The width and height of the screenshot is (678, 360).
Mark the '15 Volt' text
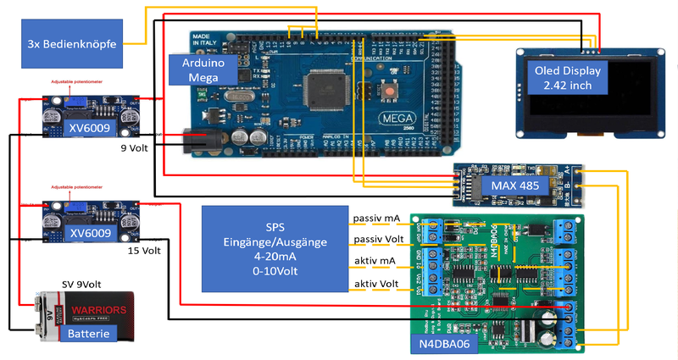[144, 251]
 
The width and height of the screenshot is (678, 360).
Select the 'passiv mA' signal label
[377, 219]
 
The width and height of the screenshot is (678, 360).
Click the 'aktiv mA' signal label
[375, 262]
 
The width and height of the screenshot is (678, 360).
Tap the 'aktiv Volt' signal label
[378, 283]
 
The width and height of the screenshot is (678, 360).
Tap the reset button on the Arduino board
[388, 90]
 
